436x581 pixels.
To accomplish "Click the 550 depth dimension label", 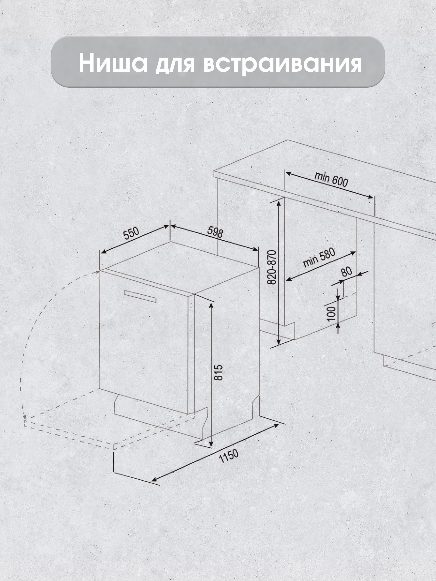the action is (x=131, y=234).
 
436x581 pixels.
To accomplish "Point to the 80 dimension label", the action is (x=347, y=272).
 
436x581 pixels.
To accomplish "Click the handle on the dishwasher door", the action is (x=140, y=296).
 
